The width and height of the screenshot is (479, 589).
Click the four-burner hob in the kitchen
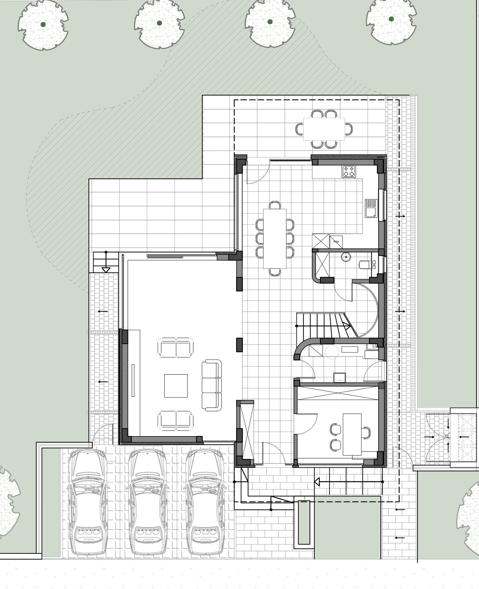pos(349,171)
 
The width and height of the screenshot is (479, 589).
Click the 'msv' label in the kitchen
pos(336,242)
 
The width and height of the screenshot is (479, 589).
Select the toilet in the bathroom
pos(364,264)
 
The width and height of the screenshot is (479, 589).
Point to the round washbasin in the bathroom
pos(346,256)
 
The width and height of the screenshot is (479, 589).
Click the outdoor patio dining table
pos(324,129)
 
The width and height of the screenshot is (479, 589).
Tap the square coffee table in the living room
pos(176,386)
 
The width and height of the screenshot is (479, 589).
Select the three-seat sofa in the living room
pos(212,385)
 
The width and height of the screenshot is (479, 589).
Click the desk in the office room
pos(352,434)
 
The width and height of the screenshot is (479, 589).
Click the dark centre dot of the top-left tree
pos(43,24)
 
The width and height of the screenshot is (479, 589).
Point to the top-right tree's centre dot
pos(391,19)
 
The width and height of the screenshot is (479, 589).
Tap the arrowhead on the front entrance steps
pos(317,482)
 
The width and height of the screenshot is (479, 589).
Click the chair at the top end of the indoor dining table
pos(275,205)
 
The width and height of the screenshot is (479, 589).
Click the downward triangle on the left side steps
pos(106,270)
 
